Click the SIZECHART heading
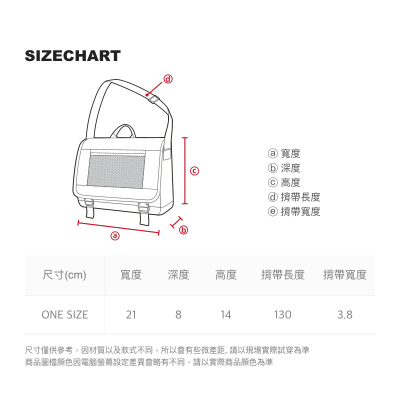(73, 55)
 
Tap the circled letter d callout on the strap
(168, 79)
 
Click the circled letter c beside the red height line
(195, 171)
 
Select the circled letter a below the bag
(115, 235)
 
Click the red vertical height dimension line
(185, 170)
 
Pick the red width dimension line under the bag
(118, 226)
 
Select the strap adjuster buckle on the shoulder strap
(153, 99)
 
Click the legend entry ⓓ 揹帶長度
(294, 197)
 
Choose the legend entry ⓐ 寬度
(284, 154)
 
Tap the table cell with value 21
(131, 314)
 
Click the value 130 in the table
(282, 314)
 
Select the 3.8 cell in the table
(344, 314)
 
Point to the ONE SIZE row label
(64, 314)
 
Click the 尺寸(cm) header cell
(64, 274)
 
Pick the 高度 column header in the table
(226, 274)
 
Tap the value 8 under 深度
(178, 314)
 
